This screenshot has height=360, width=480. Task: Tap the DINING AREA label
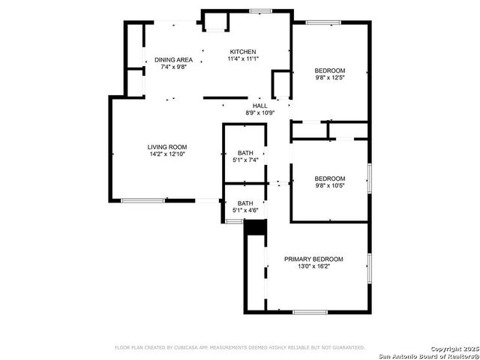tap(173, 59)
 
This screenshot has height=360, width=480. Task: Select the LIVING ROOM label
tap(166, 146)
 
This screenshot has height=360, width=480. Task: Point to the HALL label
tap(260, 106)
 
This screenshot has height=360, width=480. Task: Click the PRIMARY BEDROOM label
tap(313, 259)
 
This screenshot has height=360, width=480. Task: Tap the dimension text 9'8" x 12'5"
tap(330, 77)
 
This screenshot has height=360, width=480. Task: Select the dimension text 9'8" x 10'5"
tap(330, 185)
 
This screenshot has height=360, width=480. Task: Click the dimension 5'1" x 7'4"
tap(246, 160)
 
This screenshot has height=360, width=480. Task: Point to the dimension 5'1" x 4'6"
tap(246, 210)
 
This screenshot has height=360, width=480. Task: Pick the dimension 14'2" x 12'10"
tap(166, 154)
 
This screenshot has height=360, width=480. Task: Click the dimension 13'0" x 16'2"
tap(313, 266)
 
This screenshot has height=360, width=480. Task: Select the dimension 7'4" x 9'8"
tap(173, 67)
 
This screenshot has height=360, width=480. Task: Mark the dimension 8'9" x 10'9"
tap(260, 113)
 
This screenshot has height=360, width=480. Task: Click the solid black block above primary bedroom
tap(256, 226)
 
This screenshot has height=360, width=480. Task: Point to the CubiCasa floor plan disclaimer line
tap(239, 347)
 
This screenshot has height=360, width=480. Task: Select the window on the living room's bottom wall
tap(142, 200)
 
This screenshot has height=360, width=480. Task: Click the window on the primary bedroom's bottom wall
tap(310, 311)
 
